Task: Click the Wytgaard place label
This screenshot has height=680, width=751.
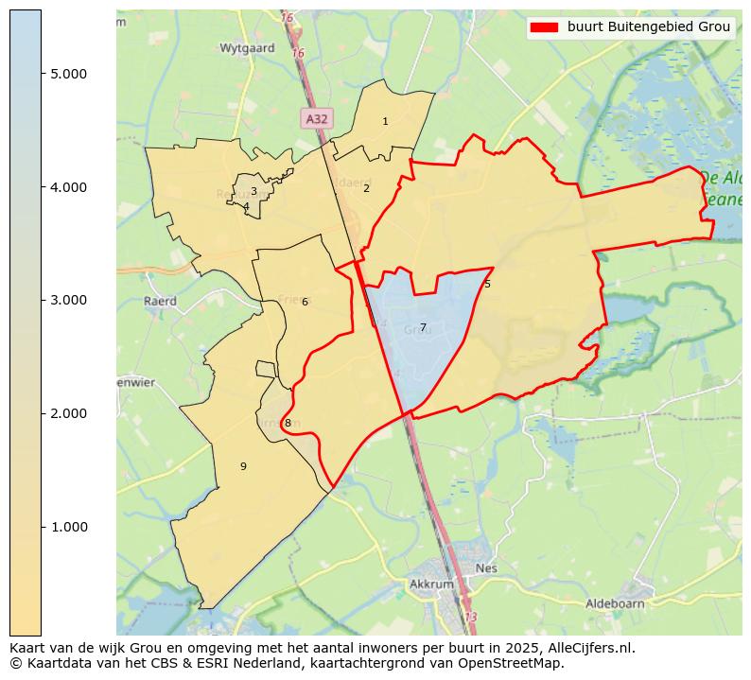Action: click(247, 47)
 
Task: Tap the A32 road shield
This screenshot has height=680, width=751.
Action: click(317, 118)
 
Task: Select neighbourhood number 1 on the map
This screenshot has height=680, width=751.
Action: click(385, 122)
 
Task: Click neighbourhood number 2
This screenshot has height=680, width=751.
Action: click(366, 188)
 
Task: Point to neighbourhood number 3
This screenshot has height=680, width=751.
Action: click(253, 191)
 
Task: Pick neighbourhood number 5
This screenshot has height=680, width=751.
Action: click(487, 285)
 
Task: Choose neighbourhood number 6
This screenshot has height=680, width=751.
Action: click(305, 303)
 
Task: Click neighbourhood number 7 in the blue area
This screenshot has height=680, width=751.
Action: click(423, 328)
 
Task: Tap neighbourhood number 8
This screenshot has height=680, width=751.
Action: click(288, 424)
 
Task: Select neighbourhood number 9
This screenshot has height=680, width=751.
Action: click(243, 466)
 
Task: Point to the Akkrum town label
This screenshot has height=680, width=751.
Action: click(431, 584)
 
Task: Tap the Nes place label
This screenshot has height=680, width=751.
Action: click(486, 568)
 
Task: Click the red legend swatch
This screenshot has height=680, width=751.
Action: click(546, 27)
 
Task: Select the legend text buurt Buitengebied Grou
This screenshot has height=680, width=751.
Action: click(649, 27)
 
